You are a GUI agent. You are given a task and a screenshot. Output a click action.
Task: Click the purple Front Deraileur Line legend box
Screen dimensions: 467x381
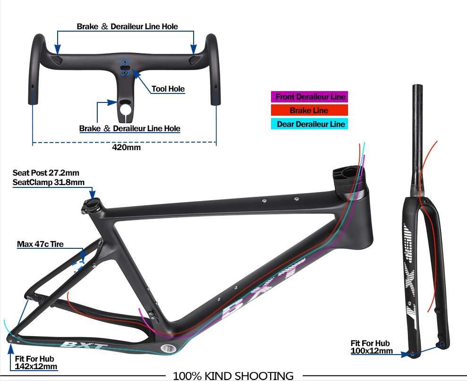[309, 97]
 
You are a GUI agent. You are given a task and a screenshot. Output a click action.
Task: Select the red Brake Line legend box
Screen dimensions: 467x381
[309, 110]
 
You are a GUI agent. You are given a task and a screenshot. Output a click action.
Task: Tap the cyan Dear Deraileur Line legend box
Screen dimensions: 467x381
[309, 124]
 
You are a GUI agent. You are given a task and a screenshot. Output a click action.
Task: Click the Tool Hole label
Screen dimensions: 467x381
[168, 89]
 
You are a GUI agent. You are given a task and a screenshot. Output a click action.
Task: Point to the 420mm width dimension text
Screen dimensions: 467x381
[126, 147]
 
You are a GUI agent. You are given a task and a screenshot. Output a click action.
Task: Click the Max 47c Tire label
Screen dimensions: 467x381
[40, 244]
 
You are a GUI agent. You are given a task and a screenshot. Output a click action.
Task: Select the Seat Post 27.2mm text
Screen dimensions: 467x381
[46, 173]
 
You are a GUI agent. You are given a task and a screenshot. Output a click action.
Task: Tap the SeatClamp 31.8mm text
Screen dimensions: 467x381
[49, 182]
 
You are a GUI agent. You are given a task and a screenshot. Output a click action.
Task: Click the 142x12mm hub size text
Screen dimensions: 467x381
[36, 366]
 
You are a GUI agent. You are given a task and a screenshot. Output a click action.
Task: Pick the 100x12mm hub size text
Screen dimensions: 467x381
[372, 351]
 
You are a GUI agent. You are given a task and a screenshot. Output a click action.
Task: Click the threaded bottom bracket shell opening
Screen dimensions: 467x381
[168, 348]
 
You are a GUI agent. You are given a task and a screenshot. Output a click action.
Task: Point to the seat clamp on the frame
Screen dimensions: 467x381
[92, 205]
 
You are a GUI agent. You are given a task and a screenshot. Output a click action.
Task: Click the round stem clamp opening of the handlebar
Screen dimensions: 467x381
[126, 109]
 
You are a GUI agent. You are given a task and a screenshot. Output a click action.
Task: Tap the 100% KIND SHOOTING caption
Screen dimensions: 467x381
[233, 376]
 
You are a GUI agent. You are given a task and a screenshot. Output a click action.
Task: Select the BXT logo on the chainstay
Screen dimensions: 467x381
[81, 345]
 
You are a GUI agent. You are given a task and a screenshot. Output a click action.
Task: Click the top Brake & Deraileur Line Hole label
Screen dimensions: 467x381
[127, 26]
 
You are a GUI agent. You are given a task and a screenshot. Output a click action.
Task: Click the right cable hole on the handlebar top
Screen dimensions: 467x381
[194, 59]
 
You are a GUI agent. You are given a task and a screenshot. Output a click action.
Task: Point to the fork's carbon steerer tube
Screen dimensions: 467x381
[417, 140]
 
